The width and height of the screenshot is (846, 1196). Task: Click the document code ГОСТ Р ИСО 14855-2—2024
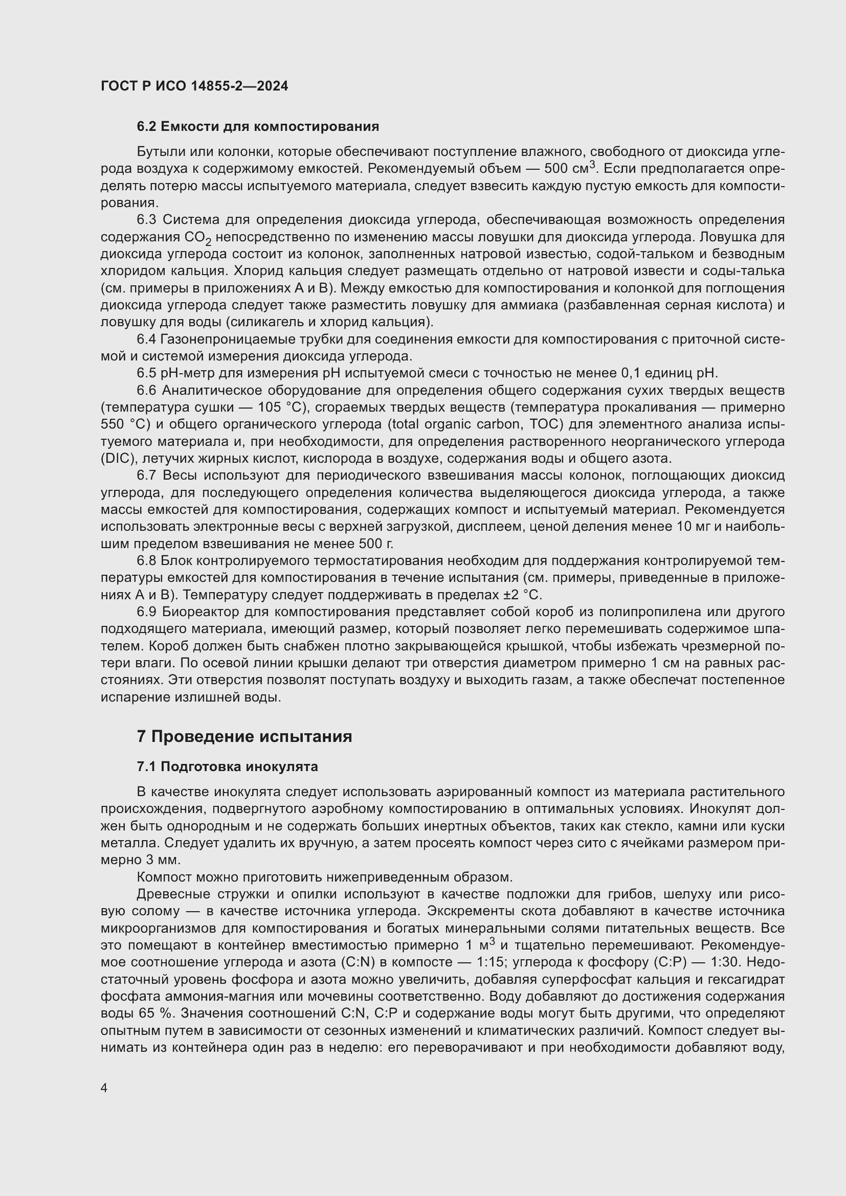coord(194,86)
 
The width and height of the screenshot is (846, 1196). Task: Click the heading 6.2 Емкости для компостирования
coord(258,127)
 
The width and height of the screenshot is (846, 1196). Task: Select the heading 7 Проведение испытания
coord(244,736)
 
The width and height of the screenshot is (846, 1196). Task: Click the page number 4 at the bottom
coord(104,1088)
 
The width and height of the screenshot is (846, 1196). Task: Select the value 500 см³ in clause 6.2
coord(569,169)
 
